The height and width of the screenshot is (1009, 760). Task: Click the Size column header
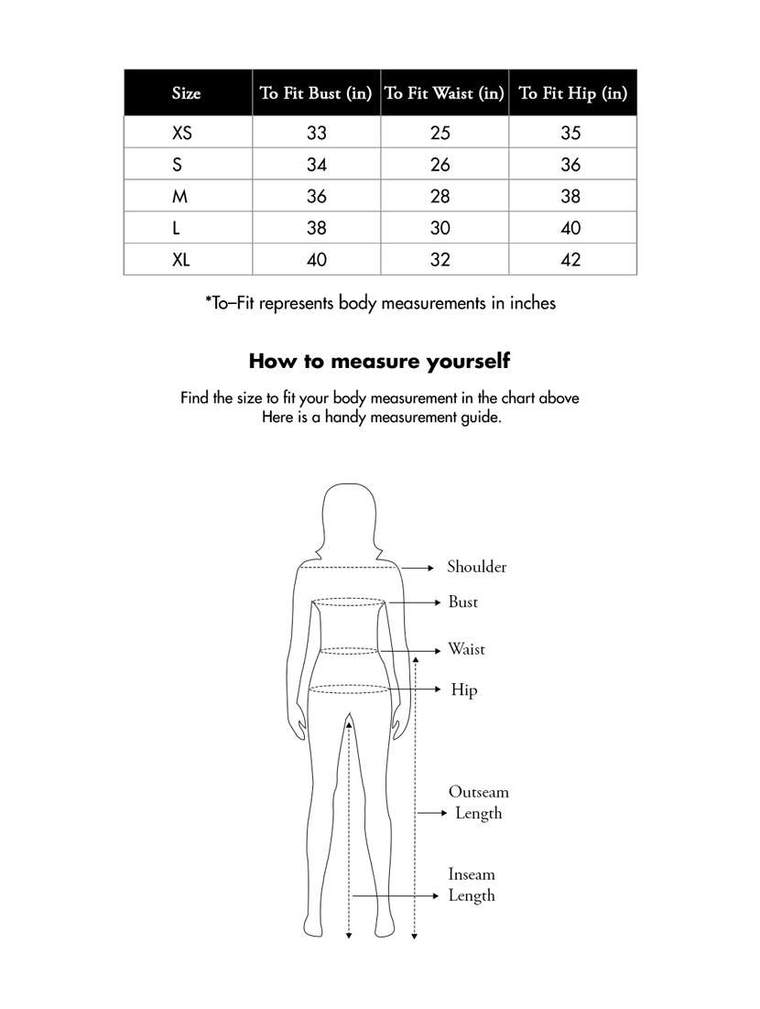pos(186,93)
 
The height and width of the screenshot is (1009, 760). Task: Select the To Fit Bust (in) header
pos(316,93)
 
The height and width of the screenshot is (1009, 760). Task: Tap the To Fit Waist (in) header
pos(444,93)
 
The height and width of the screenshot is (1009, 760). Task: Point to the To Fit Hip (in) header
pos(572,93)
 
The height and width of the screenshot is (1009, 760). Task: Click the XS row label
pos(182,134)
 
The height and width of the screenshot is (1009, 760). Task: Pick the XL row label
pos(181,260)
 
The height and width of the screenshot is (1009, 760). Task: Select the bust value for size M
pos(316,197)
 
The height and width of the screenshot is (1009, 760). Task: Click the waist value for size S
pos(440,166)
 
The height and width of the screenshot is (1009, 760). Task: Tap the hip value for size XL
pos(570,260)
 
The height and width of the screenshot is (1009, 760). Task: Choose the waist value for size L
pos(440,229)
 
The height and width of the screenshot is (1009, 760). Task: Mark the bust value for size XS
pos(316,134)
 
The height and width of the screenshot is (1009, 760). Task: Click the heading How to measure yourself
pos(379,361)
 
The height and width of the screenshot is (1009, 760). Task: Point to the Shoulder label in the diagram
pos(476,568)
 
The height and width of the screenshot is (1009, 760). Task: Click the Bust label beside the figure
pos(462,602)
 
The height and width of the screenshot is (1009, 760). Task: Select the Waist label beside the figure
pos(466,650)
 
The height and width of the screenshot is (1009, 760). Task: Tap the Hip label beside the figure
pos(463,690)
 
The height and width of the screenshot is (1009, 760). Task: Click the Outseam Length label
pos(478,803)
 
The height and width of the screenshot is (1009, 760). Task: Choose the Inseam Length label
pos(472,885)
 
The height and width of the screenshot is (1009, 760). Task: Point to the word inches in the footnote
pos(527,303)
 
